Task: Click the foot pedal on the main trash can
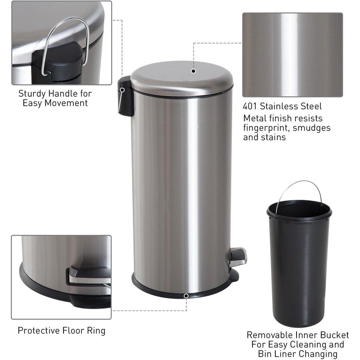pos(238,256)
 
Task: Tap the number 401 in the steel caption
pos(251,107)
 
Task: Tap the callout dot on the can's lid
pos(193,71)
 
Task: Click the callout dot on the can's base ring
pos(186,296)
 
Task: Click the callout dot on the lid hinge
pos(121,90)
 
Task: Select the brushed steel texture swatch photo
pos(292,54)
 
